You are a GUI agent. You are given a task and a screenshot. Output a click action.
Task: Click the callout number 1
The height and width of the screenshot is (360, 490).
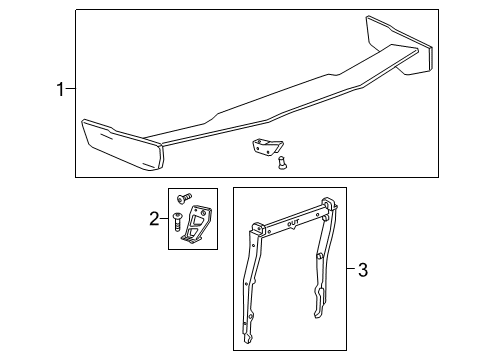(x=60, y=91)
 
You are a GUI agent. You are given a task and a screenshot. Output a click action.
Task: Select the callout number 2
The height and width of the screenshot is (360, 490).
(x=152, y=218)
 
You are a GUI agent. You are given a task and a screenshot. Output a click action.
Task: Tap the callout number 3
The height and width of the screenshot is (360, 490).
(x=363, y=269)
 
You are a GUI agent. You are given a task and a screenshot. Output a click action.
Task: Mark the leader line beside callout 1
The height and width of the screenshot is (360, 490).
(x=70, y=91)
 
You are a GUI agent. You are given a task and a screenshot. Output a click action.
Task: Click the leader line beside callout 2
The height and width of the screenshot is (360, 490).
(x=163, y=218)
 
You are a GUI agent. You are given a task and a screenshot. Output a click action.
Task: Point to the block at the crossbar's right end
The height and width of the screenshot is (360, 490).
(x=329, y=204)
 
